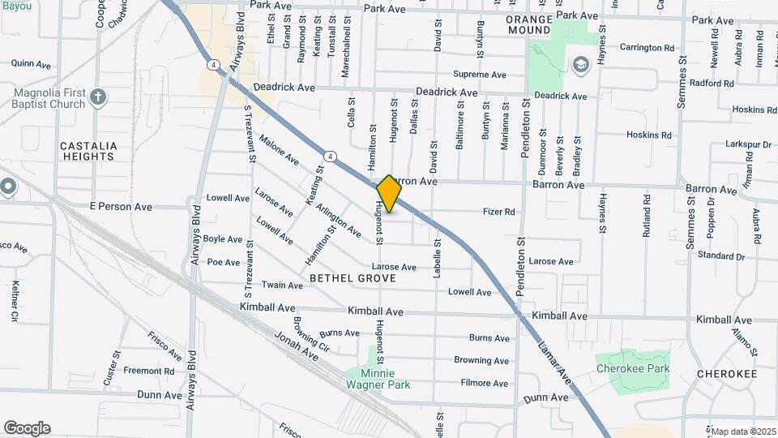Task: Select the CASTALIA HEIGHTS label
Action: (88, 151)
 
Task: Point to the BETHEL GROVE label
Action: (353, 278)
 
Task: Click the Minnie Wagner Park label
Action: (375, 380)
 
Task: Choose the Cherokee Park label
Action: (632, 368)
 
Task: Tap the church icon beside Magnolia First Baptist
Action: (98, 98)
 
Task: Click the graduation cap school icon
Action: (580, 64)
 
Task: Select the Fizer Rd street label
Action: (499, 213)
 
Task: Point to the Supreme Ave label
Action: (480, 75)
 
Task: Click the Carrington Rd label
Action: (647, 48)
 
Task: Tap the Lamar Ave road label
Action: (554, 359)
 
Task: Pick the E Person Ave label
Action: (121, 207)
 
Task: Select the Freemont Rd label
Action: (148, 371)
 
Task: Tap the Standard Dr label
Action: (720, 256)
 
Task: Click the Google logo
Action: (27, 428)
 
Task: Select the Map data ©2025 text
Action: (742, 431)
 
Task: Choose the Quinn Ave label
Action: (31, 63)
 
